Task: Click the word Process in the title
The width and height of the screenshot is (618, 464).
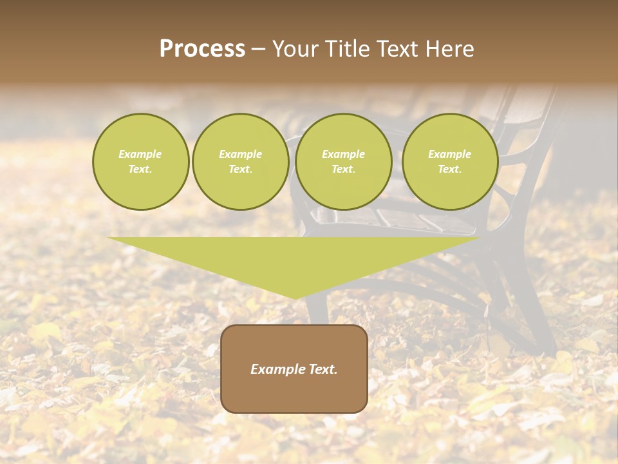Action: coord(202,49)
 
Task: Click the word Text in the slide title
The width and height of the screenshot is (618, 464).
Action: coord(398,49)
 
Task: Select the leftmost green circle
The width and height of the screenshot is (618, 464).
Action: coord(141,162)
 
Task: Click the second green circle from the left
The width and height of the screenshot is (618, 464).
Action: coord(241,162)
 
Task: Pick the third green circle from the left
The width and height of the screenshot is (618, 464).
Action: coord(344,162)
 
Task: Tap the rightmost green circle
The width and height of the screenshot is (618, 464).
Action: coord(450,162)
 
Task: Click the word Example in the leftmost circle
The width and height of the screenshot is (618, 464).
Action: coord(140,154)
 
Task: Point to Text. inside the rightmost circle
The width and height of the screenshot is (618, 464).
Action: coord(450,169)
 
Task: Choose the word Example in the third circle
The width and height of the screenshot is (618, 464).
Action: coord(344,154)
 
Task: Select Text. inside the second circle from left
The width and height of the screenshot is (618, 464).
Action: coord(241,169)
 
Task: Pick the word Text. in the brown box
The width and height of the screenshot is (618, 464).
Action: coord(323,369)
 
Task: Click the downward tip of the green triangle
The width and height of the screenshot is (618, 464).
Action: coord(294,297)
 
